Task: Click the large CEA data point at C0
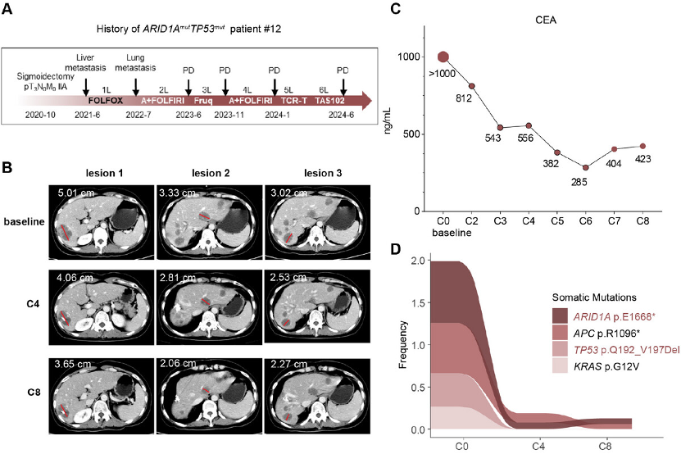coord(443,57)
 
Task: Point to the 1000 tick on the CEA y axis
coord(413,57)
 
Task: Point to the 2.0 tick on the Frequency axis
coord(418,261)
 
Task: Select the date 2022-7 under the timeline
coord(138,116)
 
